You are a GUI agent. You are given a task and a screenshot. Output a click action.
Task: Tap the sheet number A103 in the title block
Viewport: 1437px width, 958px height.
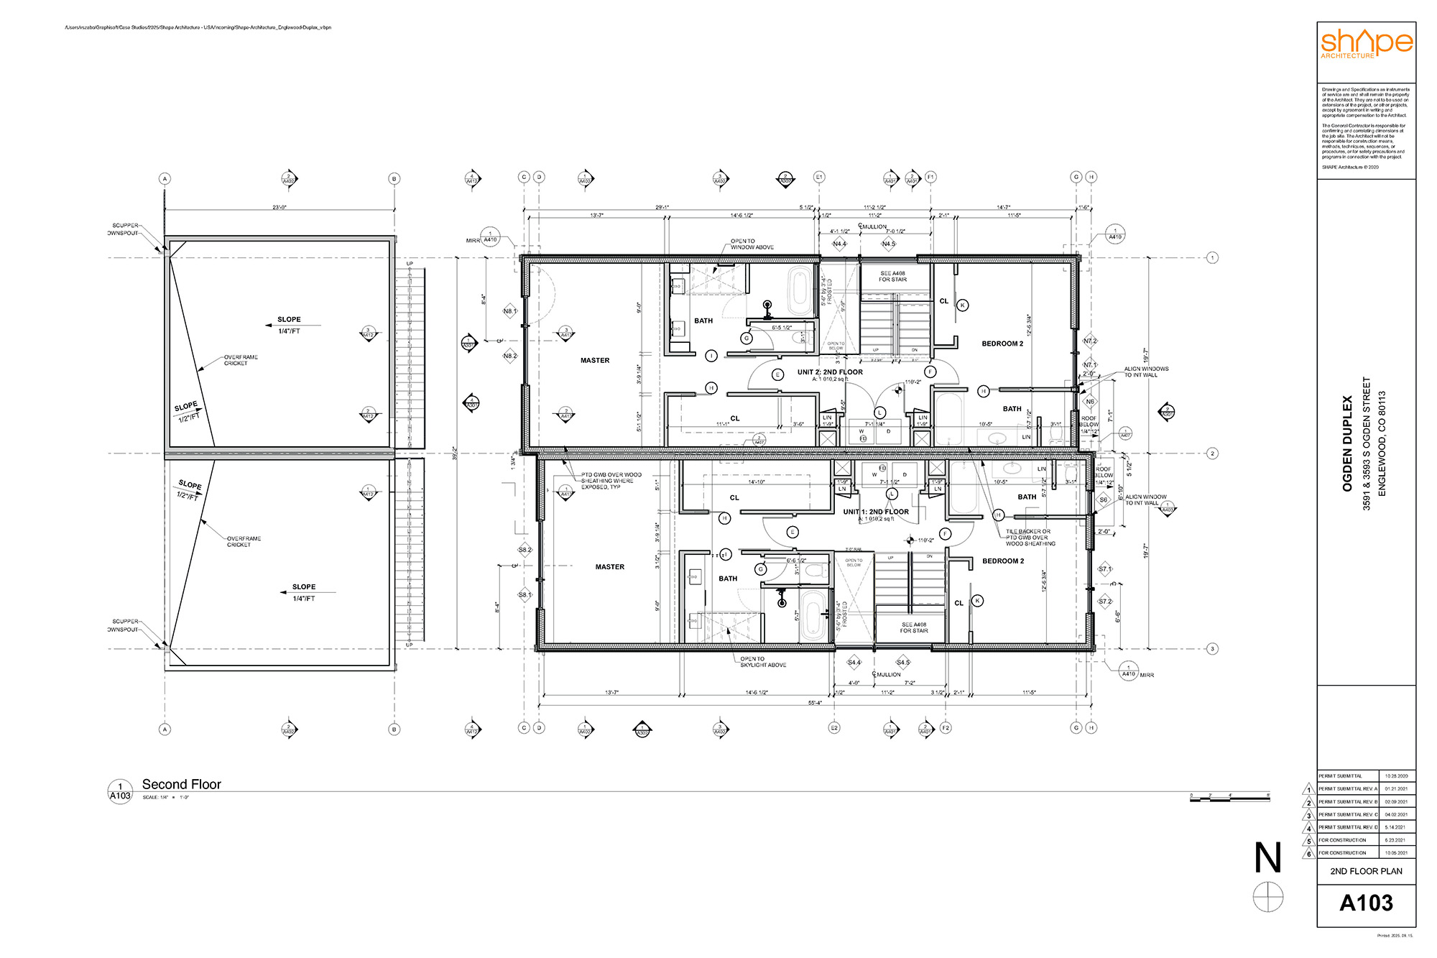pyautogui.click(x=1366, y=903)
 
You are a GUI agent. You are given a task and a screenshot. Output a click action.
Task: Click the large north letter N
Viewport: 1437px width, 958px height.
pyautogui.click(x=1267, y=857)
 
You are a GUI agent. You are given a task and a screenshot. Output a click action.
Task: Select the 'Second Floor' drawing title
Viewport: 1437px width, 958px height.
pyautogui.click(x=181, y=784)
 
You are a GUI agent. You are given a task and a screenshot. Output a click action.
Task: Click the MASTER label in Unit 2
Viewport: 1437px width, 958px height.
pyautogui.click(x=595, y=361)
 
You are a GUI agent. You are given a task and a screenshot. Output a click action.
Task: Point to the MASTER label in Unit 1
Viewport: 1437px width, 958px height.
pyautogui.click(x=609, y=567)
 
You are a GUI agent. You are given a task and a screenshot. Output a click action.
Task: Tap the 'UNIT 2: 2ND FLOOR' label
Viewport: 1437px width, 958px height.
pyautogui.click(x=830, y=372)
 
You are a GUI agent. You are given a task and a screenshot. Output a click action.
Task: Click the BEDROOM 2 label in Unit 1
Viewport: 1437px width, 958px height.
pyautogui.click(x=1003, y=561)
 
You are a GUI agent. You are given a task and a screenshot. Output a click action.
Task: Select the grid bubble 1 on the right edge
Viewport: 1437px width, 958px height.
pyautogui.click(x=1212, y=257)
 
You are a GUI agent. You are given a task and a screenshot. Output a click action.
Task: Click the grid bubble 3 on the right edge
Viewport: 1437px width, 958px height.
pyautogui.click(x=1212, y=649)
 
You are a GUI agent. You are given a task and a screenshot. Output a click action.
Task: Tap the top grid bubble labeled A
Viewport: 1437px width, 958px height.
pyautogui.click(x=165, y=178)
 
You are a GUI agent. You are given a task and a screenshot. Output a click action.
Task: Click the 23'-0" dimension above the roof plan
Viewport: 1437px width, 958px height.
pyautogui.click(x=279, y=208)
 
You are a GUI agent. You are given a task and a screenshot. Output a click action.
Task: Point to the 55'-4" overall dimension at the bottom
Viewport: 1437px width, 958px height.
pyautogui.click(x=815, y=703)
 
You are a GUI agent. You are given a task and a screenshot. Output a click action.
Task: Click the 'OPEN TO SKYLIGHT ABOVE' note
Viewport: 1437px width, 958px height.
pyautogui.click(x=763, y=662)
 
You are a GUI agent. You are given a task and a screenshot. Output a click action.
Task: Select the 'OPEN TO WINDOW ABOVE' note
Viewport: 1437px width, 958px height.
pyautogui.click(x=752, y=244)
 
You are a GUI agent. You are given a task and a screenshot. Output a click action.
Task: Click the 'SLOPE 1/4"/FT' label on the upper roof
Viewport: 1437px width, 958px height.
pyautogui.click(x=289, y=325)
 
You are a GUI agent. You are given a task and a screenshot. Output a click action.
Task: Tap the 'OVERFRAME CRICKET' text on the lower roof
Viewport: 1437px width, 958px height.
pyautogui.click(x=243, y=541)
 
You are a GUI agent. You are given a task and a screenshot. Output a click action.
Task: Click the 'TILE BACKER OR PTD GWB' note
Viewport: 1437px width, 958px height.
pyautogui.click(x=1030, y=538)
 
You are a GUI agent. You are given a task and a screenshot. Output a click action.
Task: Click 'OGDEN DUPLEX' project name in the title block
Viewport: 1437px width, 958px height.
pyautogui.click(x=1347, y=443)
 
